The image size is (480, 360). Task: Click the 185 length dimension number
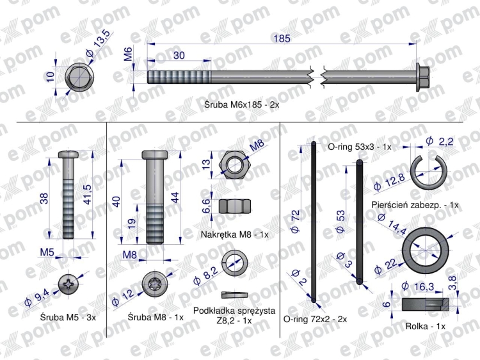(282, 38)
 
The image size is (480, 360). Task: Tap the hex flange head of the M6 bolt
(423, 78)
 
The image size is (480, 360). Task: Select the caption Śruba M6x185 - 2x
(241, 105)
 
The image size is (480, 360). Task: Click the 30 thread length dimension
(179, 56)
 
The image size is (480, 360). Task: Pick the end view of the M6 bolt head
(79, 78)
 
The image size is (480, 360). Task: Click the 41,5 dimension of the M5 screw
(88, 195)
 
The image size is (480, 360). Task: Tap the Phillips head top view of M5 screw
(69, 284)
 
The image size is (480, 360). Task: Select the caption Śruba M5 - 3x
(68, 317)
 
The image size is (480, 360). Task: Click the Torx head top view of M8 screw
(156, 284)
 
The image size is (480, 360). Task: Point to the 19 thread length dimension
(132, 223)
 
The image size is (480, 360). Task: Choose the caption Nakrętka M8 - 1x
(234, 234)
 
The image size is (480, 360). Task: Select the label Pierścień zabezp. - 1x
(415, 205)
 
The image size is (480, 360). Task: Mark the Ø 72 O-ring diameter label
(295, 222)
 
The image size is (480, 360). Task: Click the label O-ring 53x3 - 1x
(360, 147)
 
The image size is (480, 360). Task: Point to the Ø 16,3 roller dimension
(417, 287)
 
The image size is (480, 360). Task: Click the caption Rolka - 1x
(425, 326)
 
